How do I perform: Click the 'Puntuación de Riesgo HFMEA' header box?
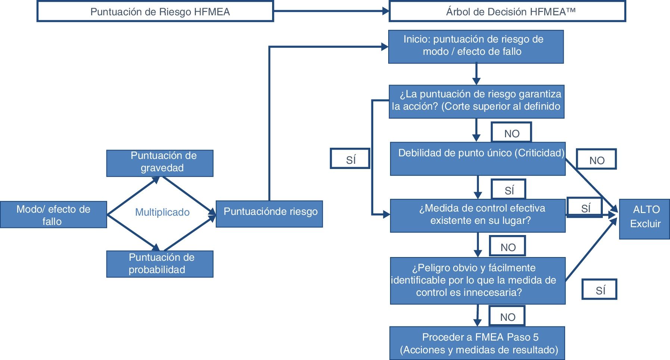[155, 11]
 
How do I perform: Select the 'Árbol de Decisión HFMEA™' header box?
[507, 11]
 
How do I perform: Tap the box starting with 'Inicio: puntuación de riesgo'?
[476, 47]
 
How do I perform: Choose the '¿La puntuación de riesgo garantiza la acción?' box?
[477, 102]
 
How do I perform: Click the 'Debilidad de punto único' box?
[478, 159]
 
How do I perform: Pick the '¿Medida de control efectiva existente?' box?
[478, 216]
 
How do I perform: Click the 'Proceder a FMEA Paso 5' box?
[477, 343]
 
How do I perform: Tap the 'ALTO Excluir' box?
[645, 219]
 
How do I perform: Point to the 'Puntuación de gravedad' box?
[160, 163]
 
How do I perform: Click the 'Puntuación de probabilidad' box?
[160, 264]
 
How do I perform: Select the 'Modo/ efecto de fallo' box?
[53, 215]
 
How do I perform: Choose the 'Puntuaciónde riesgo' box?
[269, 214]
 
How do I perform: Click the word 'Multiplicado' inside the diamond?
[162, 212]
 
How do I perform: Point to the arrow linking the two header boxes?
[331, 11]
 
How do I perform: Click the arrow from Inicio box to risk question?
[476, 74]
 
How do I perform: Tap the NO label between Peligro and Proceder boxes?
[507, 316]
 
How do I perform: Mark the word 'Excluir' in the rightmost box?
[645, 224]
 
